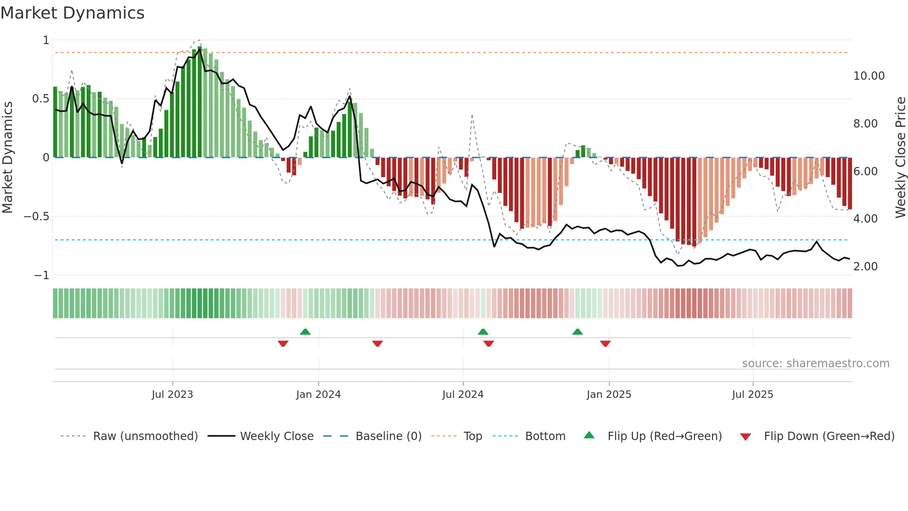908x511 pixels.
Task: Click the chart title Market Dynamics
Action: click(x=73, y=13)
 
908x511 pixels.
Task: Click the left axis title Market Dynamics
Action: click(x=7, y=157)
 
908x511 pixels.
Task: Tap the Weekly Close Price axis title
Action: click(x=900, y=157)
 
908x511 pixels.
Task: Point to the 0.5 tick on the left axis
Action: click(x=40, y=99)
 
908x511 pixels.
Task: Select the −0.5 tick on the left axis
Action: click(x=37, y=217)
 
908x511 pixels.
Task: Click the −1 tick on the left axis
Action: click(x=42, y=275)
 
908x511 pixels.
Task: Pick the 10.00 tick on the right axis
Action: click(x=869, y=76)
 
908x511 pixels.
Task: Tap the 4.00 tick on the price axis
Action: click(x=865, y=219)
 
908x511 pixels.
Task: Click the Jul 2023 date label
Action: click(x=172, y=395)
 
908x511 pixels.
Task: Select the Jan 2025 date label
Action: click(x=609, y=395)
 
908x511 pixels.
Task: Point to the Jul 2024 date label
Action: click(x=463, y=395)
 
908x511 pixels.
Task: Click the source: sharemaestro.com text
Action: click(x=815, y=364)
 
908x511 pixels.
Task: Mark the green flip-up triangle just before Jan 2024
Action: click(x=305, y=332)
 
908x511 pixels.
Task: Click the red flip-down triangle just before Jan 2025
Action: click(x=605, y=344)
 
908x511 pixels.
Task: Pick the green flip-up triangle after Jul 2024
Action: click(x=483, y=332)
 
